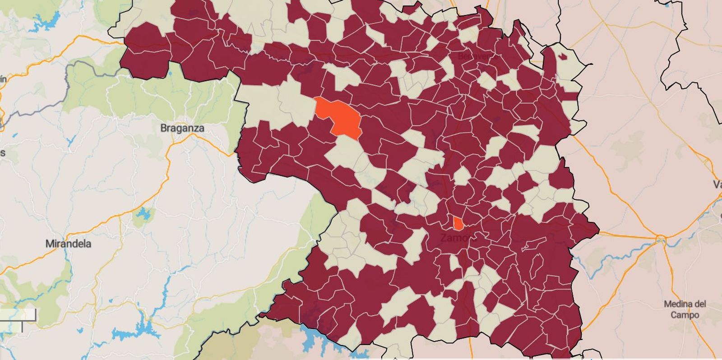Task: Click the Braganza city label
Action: click(x=182, y=128)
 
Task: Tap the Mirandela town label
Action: click(x=68, y=244)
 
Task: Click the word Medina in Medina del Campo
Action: click(x=685, y=304)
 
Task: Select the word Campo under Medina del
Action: click(x=685, y=315)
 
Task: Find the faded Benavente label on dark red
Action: click(x=478, y=56)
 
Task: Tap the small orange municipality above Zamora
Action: click(x=458, y=223)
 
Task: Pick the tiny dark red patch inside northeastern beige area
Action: click(x=562, y=57)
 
